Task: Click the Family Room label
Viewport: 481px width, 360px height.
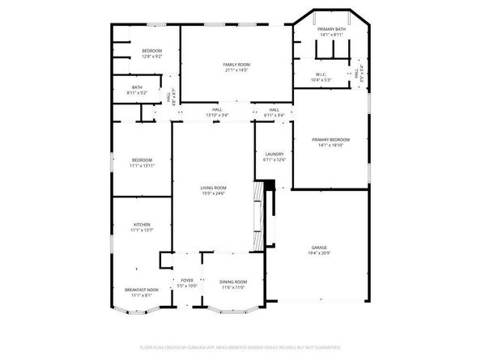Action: click(x=236, y=63)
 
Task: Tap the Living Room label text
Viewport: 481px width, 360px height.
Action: click(x=213, y=188)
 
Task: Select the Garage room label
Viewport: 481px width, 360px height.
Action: click(x=319, y=248)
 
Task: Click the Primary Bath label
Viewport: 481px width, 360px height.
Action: click(x=331, y=30)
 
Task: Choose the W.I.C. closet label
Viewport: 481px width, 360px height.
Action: click(x=321, y=74)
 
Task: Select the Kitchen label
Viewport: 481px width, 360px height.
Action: click(x=142, y=224)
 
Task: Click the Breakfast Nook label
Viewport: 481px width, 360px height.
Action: click(x=142, y=289)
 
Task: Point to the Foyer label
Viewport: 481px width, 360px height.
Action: click(x=187, y=281)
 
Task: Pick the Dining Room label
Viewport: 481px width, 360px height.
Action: click(x=232, y=281)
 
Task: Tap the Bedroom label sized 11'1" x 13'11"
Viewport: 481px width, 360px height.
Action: click(x=142, y=160)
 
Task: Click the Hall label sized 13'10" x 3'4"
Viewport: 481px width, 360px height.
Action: click(x=217, y=110)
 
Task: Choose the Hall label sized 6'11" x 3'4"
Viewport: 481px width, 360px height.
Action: click(x=274, y=110)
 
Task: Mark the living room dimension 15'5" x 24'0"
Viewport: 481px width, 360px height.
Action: click(x=213, y=193)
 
